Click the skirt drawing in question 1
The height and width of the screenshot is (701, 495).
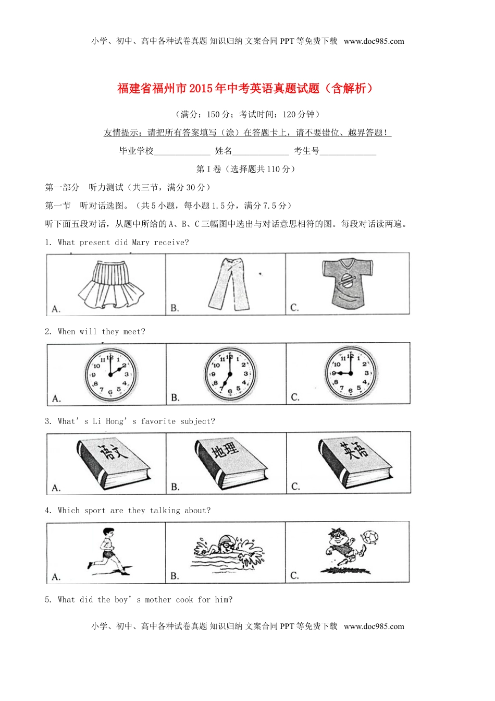point(110,285)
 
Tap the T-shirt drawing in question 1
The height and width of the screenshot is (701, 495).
point(347,282)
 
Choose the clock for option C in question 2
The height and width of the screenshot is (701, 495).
point(351,373)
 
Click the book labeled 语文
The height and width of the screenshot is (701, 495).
point(114,462)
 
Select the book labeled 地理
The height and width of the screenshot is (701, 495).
point(231,462)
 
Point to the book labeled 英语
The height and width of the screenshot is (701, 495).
point(355,462)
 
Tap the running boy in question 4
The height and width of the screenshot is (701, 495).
point(107,551)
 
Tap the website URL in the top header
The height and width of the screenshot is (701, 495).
point(374,41)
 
